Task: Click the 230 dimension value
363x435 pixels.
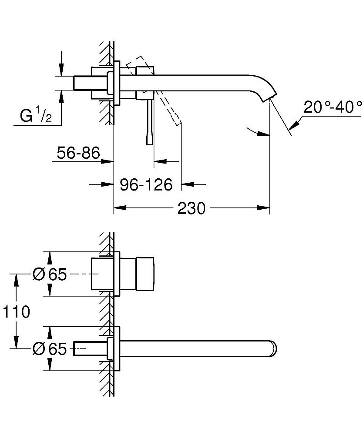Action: click(x=192, y=208)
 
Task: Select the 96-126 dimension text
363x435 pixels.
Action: click(x=146, y=184)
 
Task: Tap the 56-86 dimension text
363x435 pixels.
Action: click(x=79, y=153)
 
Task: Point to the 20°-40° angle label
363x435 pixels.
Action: click(x=333, y=107)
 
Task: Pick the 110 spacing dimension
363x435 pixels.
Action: click(x=16, y=311)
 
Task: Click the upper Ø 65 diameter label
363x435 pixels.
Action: click(x=50, y=274)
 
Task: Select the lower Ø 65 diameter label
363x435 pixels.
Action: click(x=50, y=349)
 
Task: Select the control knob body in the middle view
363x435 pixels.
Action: click(x=145, y=274)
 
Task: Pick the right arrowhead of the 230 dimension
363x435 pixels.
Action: click(x=265, y=208)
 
